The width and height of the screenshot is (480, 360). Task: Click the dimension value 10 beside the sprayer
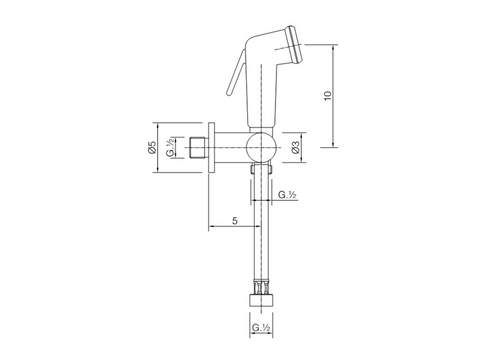[x=328, y=95]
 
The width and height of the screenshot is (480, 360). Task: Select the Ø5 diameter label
[x=152, y=147]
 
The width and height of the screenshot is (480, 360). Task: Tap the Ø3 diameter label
[x=295, y=147]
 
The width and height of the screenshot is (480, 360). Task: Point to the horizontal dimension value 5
[x=235, y=221]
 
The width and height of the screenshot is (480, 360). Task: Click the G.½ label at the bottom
[x=261, y=327]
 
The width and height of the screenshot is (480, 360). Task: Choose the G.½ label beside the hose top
[x=287, y=195]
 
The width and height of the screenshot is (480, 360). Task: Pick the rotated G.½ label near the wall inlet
[x=170, y=147]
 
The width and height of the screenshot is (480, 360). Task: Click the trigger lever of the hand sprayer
[x=236, y=73]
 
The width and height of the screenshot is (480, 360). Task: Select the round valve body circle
[x=262, y=147]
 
